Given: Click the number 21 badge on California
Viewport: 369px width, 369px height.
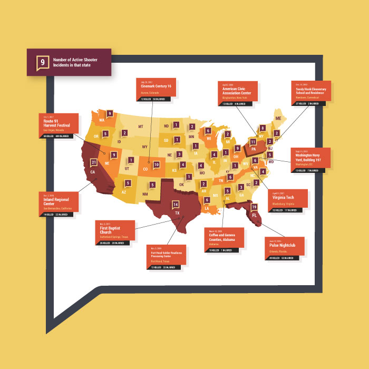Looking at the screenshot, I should pyautogui.click(x=94, y=162).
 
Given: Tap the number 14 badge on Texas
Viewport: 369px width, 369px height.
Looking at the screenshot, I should pyautogui.click(x=176, y=205).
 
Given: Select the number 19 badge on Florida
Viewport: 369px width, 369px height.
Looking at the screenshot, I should pyautogui.click(x=254, y=207).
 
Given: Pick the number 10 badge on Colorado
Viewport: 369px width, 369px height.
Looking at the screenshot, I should pyautogui.click(x=157, y=164).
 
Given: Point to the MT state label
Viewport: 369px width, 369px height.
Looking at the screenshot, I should pyautogui.click(x=141, y=127).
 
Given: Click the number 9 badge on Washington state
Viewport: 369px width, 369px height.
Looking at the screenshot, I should pyautogui.click(x=110, y=113).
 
